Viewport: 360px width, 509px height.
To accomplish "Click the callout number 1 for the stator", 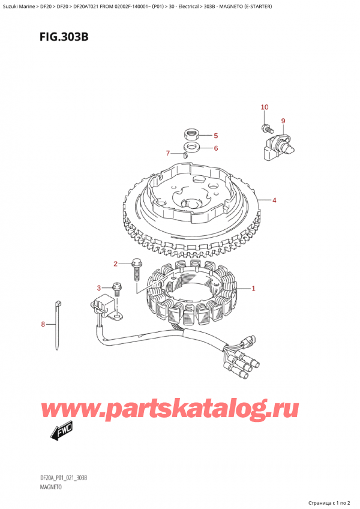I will tap(254, 289).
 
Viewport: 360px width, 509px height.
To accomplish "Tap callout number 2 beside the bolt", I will tap(116, 264).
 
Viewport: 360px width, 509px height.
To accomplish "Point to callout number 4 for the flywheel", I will tap(274, 200).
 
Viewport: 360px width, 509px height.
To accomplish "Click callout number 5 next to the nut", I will tap(215, 136).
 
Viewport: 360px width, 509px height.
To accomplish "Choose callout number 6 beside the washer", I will tap(215, 148).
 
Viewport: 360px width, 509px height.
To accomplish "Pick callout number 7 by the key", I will tap(169, 153).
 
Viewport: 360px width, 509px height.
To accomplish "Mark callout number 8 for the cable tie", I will tap(43, 325).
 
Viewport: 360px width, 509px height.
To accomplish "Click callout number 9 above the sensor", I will tap(283, 121).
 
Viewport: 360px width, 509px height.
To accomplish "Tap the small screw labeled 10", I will tap(265, 127).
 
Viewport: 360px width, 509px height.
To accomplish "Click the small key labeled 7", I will tap(185, 155).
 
